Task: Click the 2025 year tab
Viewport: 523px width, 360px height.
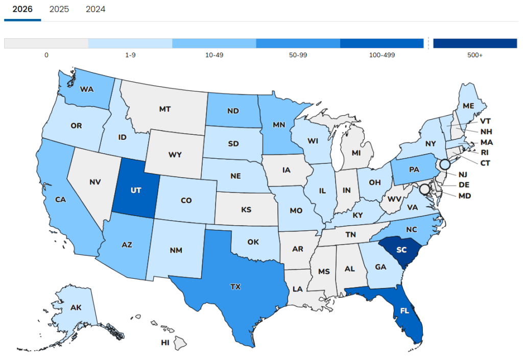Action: (x=59, y=9)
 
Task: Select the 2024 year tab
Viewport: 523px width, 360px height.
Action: (x=96, y=9)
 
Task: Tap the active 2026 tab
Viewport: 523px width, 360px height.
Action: (x=22, y=9)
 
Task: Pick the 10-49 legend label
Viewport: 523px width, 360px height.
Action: (x=214, y=55)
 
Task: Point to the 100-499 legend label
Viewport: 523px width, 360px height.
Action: (x=382, y=55)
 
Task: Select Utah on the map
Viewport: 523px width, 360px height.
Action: (x=136, y=189)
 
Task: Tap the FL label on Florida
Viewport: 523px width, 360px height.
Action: (x=404, y=310)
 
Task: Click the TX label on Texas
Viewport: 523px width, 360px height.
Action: (x=235, y=287)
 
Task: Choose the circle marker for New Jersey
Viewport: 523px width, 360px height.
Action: (x=445, y=164)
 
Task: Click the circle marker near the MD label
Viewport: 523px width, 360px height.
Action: (x=424, y=189)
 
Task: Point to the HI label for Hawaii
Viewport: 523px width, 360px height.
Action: (x=165, y=343)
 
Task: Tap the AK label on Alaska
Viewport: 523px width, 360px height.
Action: (x=76, y=308)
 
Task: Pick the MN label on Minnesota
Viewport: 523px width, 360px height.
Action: (x=278, y=124)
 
